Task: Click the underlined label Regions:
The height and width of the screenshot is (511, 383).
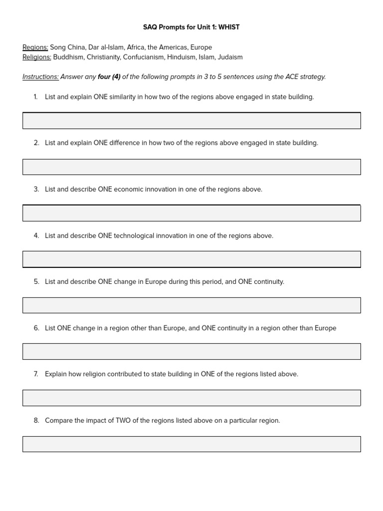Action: click(35, 47)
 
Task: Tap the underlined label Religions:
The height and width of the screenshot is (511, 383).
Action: click(37, 57)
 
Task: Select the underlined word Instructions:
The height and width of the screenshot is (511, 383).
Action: click(40, 77)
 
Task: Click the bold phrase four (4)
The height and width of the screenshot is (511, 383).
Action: click(109, 77)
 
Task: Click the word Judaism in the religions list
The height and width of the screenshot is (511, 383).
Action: click(230, 57)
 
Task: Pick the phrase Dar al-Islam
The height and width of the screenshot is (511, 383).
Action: click(105, 47)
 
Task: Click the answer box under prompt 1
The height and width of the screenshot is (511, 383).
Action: click(191, 121)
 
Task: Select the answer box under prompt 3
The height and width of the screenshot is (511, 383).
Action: click(191, 213)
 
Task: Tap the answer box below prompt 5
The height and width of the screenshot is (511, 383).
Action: click(191, 305)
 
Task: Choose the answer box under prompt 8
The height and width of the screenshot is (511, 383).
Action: click(191, 444)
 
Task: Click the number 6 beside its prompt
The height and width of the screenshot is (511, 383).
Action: click(36, 328)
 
